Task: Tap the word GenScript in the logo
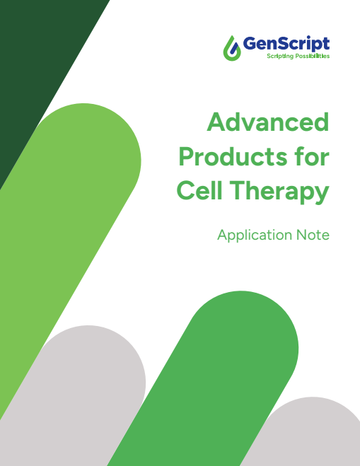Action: pyautogui.click(x=286, y=44)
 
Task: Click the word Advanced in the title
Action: pyautogui.click(x=268, y=122)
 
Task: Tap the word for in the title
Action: pyautogui.click(x=310, y=156)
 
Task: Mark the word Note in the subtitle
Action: pyautogui.click(x=314, y=235)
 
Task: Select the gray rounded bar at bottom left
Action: pyautogui.click(x=78, y=396)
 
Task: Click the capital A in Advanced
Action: pyautogui.click(x=216, y=122)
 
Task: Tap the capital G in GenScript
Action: pyautogui.click(x=251, y=44)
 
